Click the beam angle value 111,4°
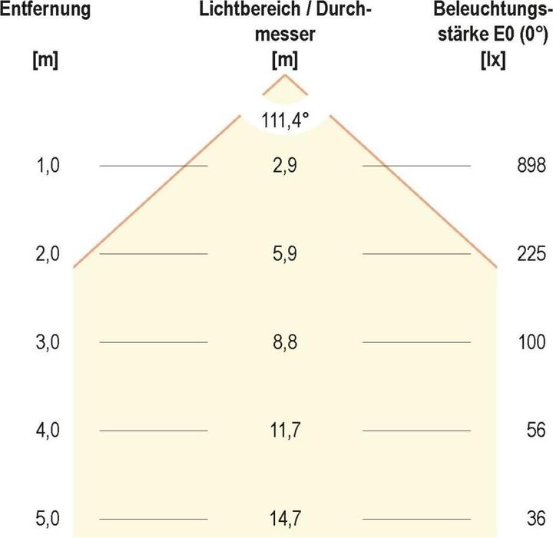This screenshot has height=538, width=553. coord(285,120)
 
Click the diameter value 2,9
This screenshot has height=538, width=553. coord(285,166)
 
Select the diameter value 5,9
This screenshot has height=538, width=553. coord(285,254)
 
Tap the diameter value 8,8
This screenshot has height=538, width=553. coord(285,342)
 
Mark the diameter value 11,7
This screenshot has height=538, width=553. coord(285,431)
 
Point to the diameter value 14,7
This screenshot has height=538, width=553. coord(285,519)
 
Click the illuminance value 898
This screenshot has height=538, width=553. coord(531,166)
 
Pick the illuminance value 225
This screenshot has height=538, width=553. coord(531,254)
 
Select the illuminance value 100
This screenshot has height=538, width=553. coord(531,342)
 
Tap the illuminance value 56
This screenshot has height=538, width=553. coord(535,431)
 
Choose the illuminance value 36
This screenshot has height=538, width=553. coord(535,519)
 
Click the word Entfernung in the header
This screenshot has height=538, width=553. coord(46,11)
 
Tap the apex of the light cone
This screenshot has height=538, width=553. coord(285,75)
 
